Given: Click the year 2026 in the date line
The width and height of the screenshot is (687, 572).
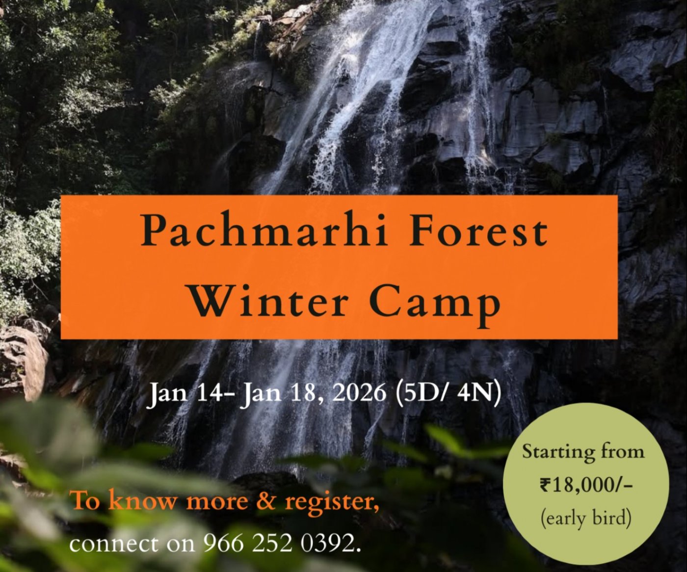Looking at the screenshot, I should pyautogui.click(x=359, y=393).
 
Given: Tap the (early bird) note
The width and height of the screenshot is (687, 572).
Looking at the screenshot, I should pyautogui.click(x=585, y=518).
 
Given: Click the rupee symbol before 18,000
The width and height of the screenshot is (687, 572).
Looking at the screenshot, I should pyautogui.click(x=545, y=485).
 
